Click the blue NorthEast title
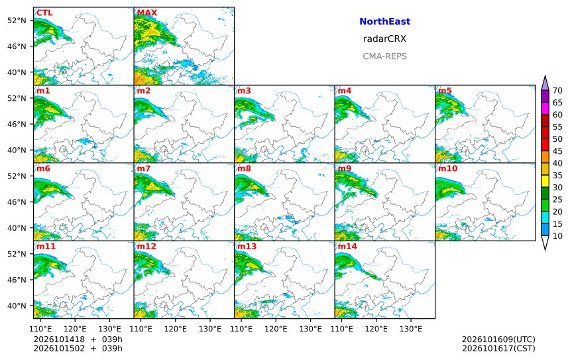(x=384, y=21)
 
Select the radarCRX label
(x=384, y=39)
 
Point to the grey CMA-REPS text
(x=384, y=56)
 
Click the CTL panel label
(x=44, y=13)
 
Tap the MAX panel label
(x=147, y=13)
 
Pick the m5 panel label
(x=445, y=91)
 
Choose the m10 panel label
(x=447, y=168)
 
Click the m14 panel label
(x=347, y=246)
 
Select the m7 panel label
(x=144, y=168)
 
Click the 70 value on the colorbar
(x=557, y=91)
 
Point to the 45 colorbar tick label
(x=557, y=151)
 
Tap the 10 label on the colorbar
(x=557, y=236)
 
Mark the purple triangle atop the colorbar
(x=545, y=84)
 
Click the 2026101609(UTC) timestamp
(x=498, y=339)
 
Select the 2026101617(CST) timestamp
(x=498, y=348)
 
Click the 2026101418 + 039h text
(x=78, y=339)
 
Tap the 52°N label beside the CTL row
(x=17, y=21)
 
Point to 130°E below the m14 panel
(x=411, y=329)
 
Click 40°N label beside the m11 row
(x=17, y=306)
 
